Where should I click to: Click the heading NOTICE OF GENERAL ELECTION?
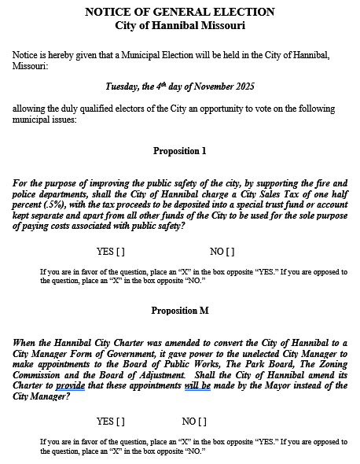point(179,12)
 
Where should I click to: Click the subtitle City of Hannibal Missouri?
point(179,25)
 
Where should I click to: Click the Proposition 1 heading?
point(179,150)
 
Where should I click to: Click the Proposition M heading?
point(179,311)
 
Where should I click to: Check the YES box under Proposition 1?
point(119,252)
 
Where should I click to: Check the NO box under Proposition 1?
point(230,252)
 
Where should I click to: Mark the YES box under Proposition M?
point(119,422)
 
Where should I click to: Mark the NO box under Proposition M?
point(201,422)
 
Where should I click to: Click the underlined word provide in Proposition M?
point(70,385)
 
